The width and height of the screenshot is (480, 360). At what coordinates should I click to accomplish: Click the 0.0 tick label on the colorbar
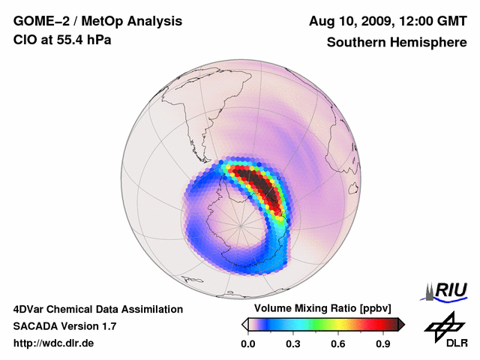point(247,344)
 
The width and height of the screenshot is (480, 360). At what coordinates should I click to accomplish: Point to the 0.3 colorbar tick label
point(293,344)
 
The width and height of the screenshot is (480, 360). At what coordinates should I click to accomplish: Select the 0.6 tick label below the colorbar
point(338,344)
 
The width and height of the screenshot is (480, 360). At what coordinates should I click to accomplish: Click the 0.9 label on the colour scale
point(384,344)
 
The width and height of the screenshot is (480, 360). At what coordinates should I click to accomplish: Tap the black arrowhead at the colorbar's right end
point(401,324)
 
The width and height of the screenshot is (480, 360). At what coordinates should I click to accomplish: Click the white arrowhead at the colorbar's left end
point(244,324)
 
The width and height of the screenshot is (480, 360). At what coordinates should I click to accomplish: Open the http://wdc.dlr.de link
point(54,343)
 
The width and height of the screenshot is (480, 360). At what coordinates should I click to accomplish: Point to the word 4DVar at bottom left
point(29,309)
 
